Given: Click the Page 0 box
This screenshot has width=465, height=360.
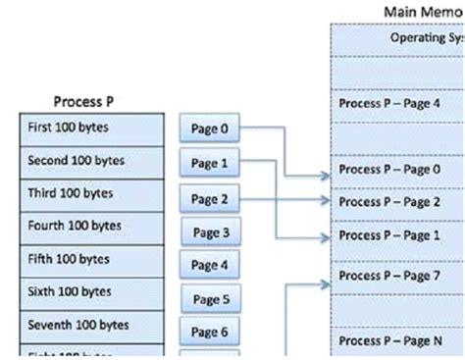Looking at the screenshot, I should pos(210,128).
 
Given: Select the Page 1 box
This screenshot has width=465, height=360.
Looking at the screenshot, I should pos(210,162).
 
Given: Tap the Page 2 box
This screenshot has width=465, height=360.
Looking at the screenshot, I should pos(210,199).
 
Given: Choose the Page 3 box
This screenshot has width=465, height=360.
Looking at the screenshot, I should pos(210,232).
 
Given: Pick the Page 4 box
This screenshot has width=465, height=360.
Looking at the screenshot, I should pos(210,265).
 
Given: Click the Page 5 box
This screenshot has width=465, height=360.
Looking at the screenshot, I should pos(210,299).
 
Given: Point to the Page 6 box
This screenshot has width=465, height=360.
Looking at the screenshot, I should pos(210,333).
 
